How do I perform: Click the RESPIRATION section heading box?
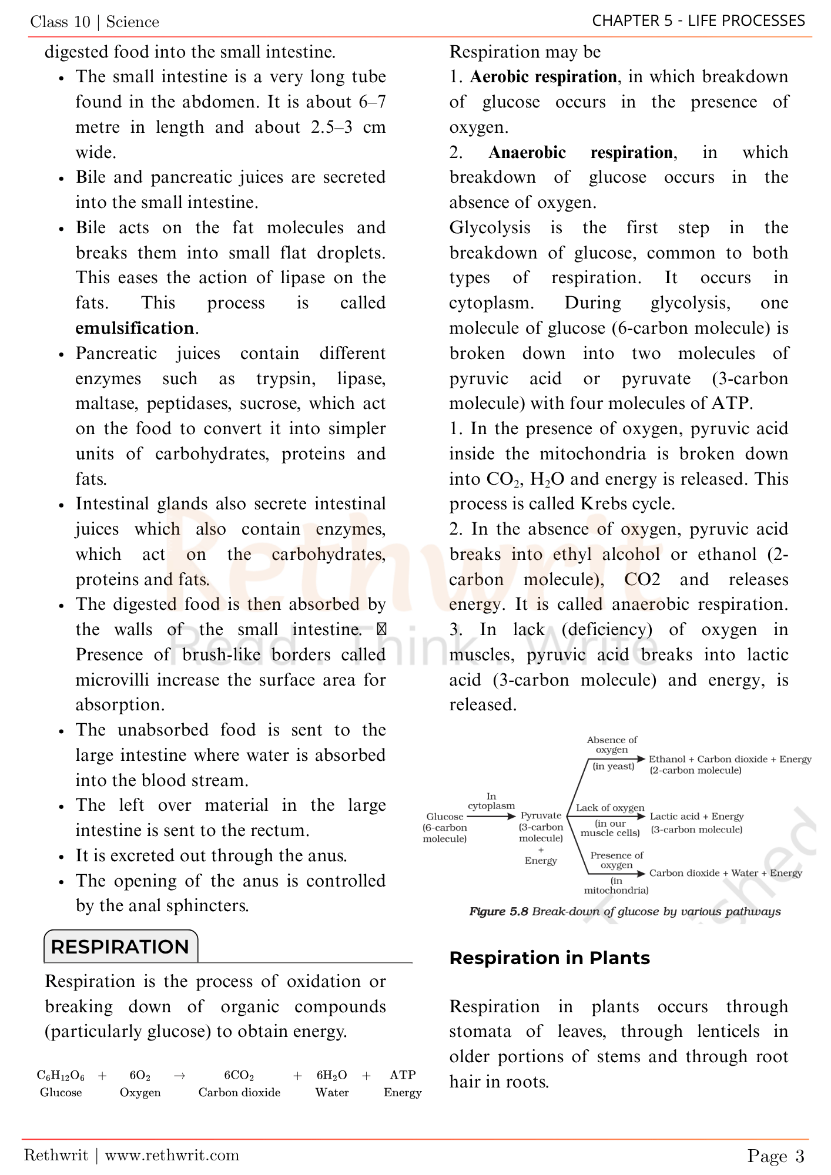point(120,946)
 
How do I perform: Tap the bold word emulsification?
point(135,328)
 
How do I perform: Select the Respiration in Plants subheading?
point(549,958)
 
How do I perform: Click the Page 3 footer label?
point(775,1156)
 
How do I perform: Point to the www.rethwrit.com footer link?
point(172,1156)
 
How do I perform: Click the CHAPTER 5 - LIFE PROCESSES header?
point(698,21)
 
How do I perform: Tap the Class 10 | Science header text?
point(95,22)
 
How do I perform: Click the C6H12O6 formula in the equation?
point(61,1076)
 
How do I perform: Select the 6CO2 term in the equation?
point(239,1076)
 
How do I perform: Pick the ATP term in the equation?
point(403,1075)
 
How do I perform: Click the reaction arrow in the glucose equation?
point(180,1076)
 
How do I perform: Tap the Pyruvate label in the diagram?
point(541,815)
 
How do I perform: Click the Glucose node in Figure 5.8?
point(445,817)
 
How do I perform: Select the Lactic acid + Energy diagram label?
point(696,817)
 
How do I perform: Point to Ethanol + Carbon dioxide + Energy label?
point(730,759)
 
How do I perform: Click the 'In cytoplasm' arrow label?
point(491,801)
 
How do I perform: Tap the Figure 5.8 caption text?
point(625,912)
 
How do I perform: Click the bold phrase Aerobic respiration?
point(543,77)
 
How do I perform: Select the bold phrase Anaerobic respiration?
point(580,153)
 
